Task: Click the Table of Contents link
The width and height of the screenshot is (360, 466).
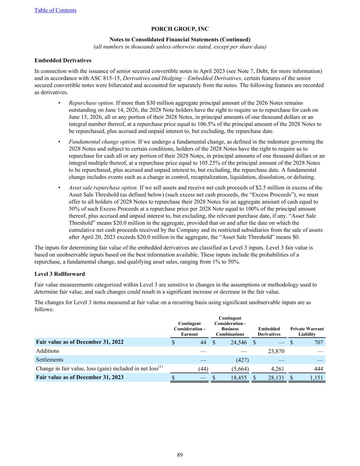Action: (x=55, y=10)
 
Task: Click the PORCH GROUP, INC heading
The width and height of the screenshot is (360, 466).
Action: (x=180, y=29)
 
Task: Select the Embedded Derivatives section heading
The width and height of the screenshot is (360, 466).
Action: (x=63, y=60)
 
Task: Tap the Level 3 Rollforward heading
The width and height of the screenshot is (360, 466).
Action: (x=60, y=274)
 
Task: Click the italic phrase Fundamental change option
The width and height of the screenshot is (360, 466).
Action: (x=102, y=142)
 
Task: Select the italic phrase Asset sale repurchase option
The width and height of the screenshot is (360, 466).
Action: (x=103, y=187)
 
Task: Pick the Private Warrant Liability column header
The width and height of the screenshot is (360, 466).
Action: (x=307, y=331)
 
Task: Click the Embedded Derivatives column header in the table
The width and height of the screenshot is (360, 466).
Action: (x=269, y=331)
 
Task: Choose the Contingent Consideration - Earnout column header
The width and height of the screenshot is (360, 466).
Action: (x=189, y=329)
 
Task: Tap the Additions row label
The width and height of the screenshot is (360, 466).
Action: (x=47, y=351)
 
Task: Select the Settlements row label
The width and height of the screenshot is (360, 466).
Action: (x=49, y=360)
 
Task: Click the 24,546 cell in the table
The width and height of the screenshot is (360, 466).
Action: (x=237, y=342)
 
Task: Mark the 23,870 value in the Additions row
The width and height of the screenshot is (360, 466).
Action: (x=275, y=351)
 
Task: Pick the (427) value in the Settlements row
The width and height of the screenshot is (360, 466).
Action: (x=242, y=360)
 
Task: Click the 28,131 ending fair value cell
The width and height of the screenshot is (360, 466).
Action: (x=275, y=378)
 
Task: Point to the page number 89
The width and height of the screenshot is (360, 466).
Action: (x=180, y=455)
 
